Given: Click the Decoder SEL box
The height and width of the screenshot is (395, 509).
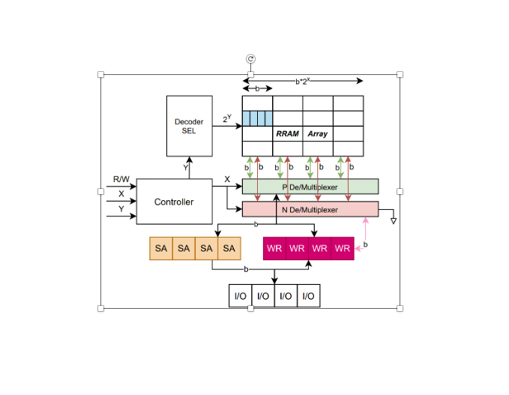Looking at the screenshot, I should tap(189, 125).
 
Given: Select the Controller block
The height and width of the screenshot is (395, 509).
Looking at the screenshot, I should tap(174, 202).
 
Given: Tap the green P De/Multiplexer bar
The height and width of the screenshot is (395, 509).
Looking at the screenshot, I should tap(310, 186).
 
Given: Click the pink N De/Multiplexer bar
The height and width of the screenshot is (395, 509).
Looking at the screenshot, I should tap(310, 209).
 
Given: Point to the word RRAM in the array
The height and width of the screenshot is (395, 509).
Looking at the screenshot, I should tap(287, 133).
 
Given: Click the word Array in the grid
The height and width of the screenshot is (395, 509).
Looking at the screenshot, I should tap(317, 133).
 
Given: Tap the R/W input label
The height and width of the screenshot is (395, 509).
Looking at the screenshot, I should tap(121, 179).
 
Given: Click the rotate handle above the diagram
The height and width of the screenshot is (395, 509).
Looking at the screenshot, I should tap(251, 59).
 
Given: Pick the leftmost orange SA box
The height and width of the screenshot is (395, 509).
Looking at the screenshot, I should tap(161, 248).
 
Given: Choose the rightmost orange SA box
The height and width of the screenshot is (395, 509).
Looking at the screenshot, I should tap(229, 248).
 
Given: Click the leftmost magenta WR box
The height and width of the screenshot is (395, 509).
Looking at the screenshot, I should tap(275, 248).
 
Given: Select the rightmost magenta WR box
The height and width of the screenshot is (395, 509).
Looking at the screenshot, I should tap(343, 248).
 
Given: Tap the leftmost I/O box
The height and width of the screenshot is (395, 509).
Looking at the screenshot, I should tap(240, 296).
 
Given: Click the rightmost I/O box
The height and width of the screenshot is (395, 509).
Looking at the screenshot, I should tap(308, 296).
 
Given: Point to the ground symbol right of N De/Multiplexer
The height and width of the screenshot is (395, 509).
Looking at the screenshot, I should tap(393, 221).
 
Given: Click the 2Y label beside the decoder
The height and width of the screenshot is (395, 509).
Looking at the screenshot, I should tap(227, 118).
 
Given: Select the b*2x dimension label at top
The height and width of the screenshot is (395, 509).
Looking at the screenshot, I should tap(302, 80).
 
